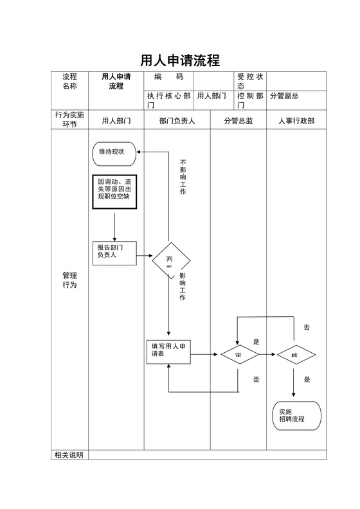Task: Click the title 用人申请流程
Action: [180, 60]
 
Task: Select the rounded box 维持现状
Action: [114, 153]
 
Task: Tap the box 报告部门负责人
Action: [114, 252]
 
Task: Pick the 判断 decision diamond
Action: [171, 261]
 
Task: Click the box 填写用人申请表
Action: [168, 352]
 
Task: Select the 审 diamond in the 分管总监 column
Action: [239, 354]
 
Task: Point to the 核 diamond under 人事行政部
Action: [295, 354]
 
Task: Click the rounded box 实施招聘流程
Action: [296, 415]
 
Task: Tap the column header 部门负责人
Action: [177, 120]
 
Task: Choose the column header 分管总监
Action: [238, 120]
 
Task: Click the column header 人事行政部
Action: [296, 120]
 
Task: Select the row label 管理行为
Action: [69, 280]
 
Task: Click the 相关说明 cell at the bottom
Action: [69, 455]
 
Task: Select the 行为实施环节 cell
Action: [69, 120]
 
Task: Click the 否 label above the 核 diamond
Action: [307, 328]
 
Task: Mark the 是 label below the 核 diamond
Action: [307, 380]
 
